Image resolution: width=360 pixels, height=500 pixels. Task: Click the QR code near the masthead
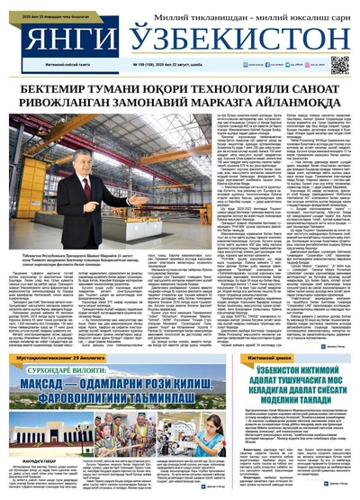339,64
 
